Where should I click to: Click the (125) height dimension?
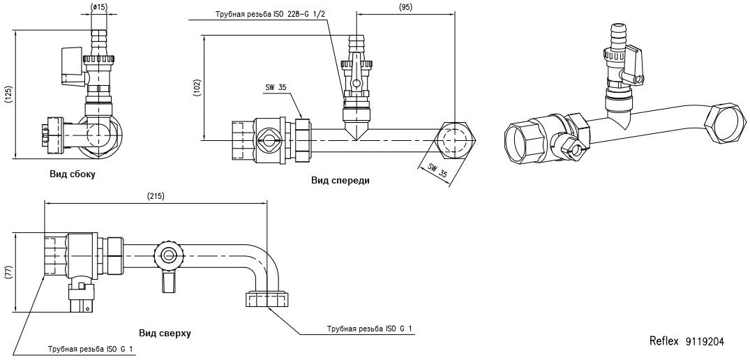[x=8, y=93]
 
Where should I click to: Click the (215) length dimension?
[x=156, y=197]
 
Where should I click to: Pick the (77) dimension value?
[x=8, y=272]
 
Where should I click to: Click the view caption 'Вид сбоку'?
[x=72, y=174]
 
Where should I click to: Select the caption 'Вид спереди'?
[x=340, y=180]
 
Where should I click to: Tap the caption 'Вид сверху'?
[x=165, y=333]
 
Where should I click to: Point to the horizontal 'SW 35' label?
[x=276, y=88]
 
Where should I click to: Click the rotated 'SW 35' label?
[x=437, y=172]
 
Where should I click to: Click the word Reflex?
[x=663, y=342]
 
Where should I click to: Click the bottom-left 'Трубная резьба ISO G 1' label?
[x=91, y=349]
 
